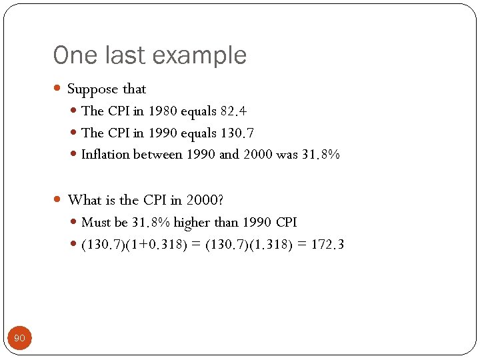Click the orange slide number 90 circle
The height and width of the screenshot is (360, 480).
tap(19, 339)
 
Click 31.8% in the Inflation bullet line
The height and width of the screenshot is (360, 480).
tap(321, 155)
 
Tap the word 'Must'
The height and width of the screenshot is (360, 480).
tap(95, 223)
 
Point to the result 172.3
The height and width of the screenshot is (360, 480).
tap(328, 245)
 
